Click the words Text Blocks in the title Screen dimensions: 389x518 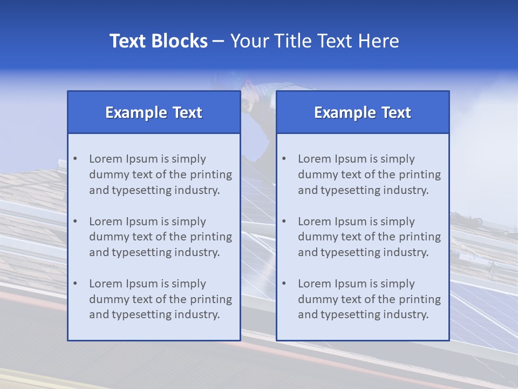[x=158, y=41]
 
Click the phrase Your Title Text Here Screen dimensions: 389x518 [x=315, y=41]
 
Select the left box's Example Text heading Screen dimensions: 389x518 [x=154, y=112]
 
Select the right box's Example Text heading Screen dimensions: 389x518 [x=363, y=112]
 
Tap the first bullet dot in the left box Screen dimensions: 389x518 [x=75, y=159]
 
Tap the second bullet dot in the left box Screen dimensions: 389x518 [x=75, y=222]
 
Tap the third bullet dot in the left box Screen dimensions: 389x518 [x=75, y=284]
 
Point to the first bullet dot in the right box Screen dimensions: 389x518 [x=284, y=159]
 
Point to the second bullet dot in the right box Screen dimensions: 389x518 [x=284, y=222]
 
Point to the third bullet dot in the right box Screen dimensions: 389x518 [x=284, y=284]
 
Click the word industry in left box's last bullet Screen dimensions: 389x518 [x=197, y=314]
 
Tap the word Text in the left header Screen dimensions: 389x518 [x=187, y=112]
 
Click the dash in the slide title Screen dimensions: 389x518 [x=219, y=41]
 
